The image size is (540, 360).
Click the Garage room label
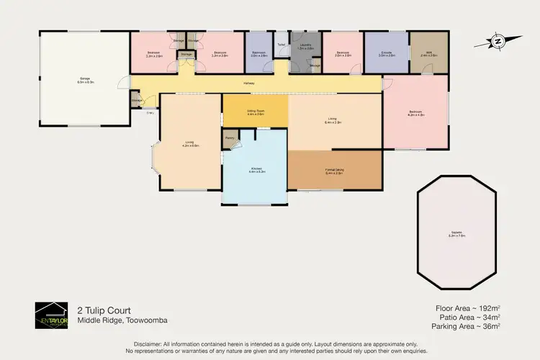(81, 81)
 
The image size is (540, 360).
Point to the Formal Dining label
(334, 171)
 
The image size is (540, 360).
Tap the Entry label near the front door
(150, 112)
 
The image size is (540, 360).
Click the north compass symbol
(498, 41)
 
